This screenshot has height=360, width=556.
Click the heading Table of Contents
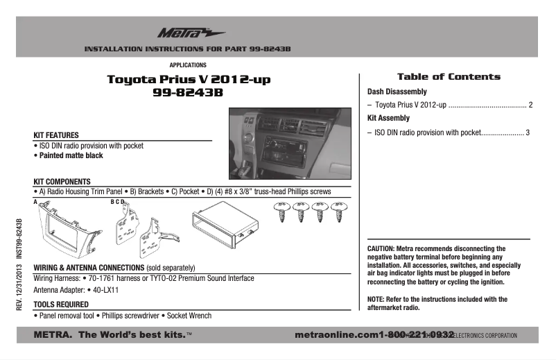point(448,77)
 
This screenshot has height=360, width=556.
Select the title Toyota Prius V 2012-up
point(189,80)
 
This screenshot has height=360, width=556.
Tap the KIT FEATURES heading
point(56,135)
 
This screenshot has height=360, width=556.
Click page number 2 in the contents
point(530,105)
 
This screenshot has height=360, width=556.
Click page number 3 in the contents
point(528,132)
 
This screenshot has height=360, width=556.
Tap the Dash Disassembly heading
point(397,92)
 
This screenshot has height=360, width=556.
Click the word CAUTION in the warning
point(381,248)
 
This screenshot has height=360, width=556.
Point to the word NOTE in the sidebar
point(376,300)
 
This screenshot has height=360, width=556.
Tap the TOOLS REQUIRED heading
point(61,304)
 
